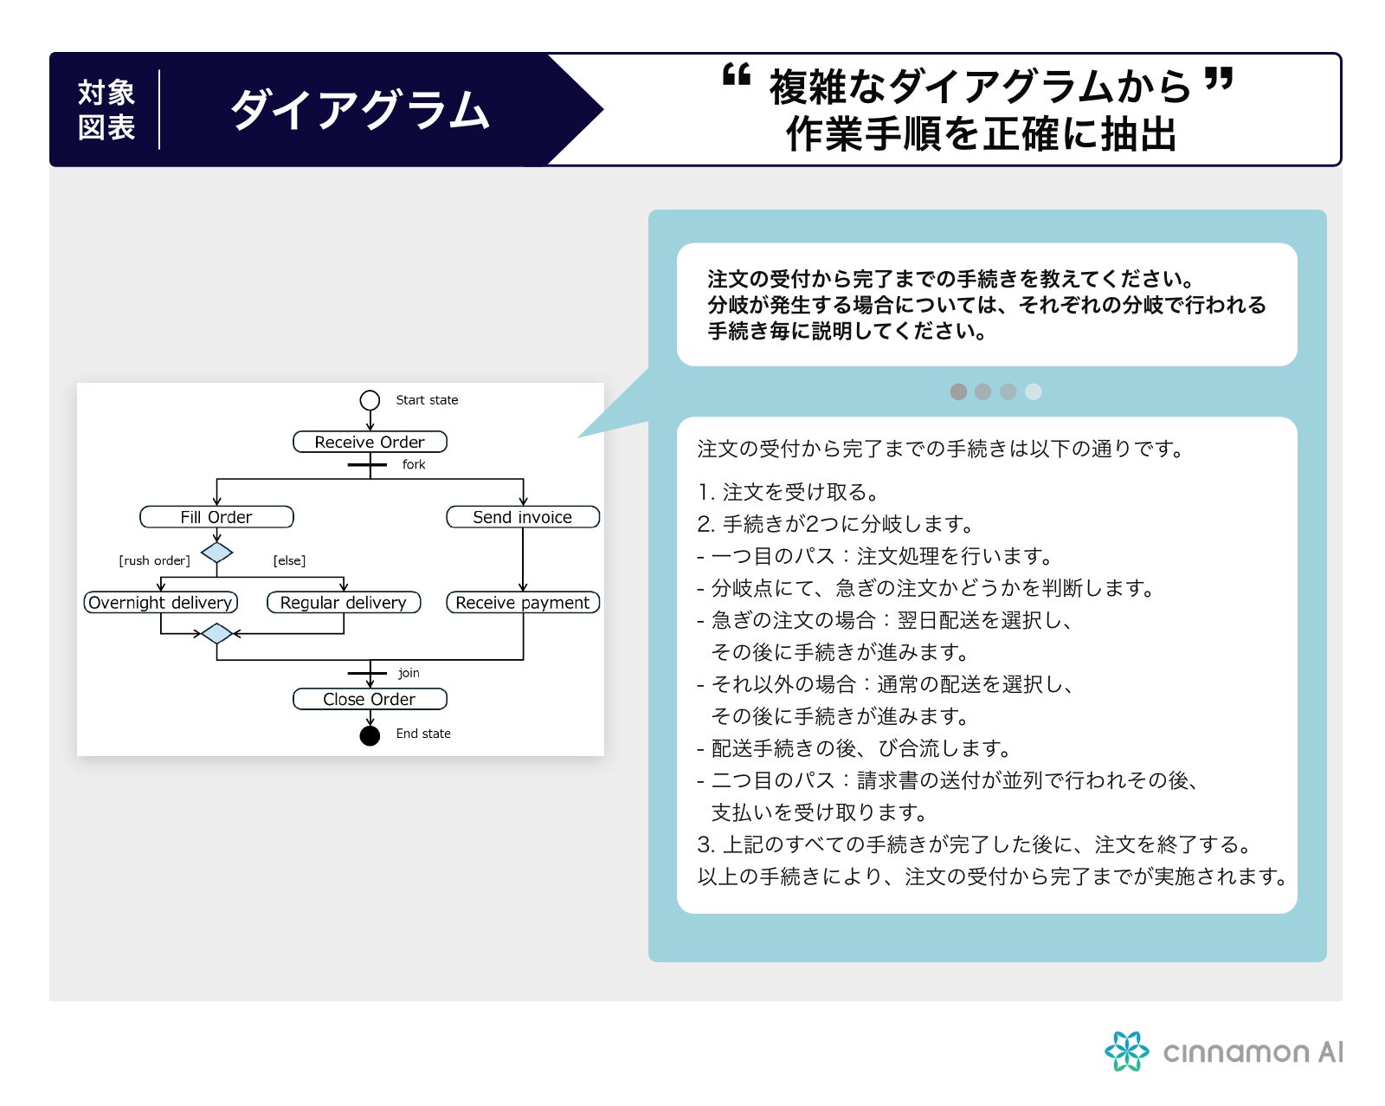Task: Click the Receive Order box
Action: point(370,443)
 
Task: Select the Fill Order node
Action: point(216,517)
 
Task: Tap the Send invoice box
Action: point(522,517)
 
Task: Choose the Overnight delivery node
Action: point(161,603)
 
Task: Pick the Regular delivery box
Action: point(343,603)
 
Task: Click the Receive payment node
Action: point(522,603)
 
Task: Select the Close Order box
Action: point(370,699)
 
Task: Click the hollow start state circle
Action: point(370,400)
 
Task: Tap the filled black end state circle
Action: point(370,736)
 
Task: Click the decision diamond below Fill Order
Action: point(216,553)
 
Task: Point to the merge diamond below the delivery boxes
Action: point(216,634)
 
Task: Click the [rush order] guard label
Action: point(154,560)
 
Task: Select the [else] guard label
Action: point(289,560)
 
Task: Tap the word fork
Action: point(414,464)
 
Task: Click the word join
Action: point(409,673)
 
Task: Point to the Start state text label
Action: point(427,400)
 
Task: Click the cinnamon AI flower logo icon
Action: point(1126,1051)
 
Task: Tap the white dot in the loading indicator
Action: point(1033,391)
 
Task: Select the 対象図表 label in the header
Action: point(106,110)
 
